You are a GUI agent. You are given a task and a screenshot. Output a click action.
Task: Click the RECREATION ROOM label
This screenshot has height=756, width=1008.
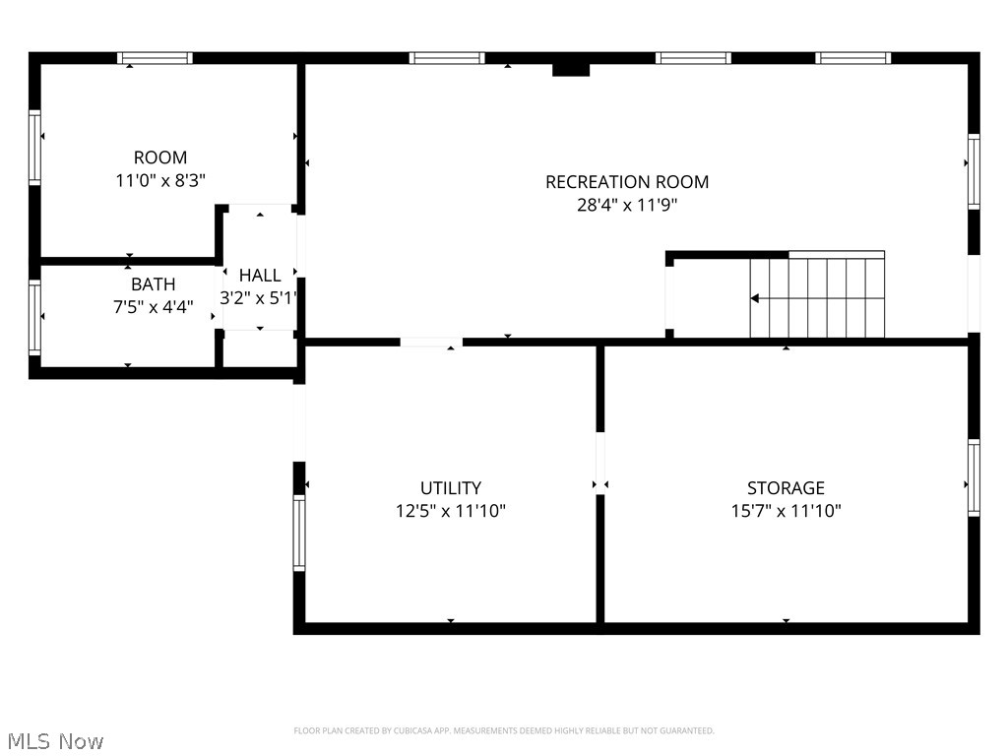pyautogui.click(x=627, y=182)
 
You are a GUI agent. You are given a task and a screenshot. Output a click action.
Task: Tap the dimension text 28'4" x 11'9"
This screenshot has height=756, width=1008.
pyautogui.click(x=627, y=206)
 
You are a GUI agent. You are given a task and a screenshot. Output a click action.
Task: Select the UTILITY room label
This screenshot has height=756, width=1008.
pyautogui.click(x=451, y=488)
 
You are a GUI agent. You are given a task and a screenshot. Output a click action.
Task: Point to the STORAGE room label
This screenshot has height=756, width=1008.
pyautogui.click(x=786, y=488)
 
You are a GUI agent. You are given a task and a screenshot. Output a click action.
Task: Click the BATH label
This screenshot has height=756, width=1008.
pyautogui.click(x=153, y=284)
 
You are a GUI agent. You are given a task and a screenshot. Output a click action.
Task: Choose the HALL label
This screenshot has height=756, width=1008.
pyautogui.click(x=260, y=276)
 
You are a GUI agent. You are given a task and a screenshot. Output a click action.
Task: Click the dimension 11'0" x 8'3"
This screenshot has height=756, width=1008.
pyautogui.click(x=160, y=180)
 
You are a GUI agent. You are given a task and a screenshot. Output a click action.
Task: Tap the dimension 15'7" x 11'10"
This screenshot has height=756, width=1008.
pyautogui.click(x=786, y=511)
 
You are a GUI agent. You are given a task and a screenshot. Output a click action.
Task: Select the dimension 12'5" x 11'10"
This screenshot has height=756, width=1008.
pyautogui.click(x=451, y=511)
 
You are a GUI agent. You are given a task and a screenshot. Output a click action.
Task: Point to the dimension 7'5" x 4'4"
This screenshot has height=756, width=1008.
pyautogui.click(x=153, y=307)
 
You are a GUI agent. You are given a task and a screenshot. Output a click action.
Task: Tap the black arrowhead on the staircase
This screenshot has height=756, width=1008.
pyautogui.click(x=755, y=298)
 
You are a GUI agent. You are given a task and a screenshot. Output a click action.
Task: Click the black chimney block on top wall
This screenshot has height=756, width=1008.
pyautogui.click(x=571, y=69)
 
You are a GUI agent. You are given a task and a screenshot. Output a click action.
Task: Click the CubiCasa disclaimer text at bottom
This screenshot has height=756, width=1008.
pyautogui.click(x=504, y=730)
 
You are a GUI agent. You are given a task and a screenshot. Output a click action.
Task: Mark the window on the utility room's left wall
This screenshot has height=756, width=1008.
pyautogui.click(x=299, y=533)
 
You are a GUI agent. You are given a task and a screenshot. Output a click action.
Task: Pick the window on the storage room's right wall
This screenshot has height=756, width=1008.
pyautogui.click(x=974, y=477)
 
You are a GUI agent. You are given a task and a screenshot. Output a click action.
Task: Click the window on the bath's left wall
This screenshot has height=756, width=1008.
pyautogui.click(x=34, y=317)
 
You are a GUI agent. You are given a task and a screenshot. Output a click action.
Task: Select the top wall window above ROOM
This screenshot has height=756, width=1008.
pyautogui.click(x=155, y=58)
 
